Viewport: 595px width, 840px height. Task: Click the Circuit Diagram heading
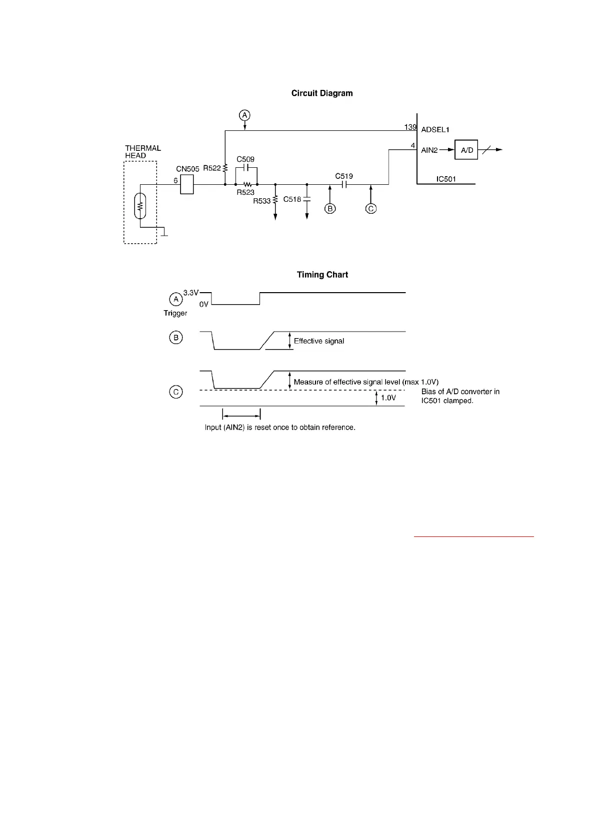(322, 93)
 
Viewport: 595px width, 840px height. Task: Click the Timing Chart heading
(322, 275)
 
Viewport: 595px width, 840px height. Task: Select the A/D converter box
(466, 150)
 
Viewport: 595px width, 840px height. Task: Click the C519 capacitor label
(344, 176)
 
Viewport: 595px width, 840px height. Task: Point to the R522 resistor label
(211, 168)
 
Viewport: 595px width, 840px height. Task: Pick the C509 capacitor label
(245, 160)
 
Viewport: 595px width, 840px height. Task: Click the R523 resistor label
(245, 193)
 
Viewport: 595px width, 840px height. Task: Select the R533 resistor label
(261, 201)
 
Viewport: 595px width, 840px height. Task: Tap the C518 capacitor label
(292, 199)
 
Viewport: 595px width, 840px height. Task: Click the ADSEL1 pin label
(435, 130)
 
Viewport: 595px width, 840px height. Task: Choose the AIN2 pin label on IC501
(429, 150)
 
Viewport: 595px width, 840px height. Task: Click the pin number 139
(410, 127)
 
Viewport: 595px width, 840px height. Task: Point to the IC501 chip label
(446, 179)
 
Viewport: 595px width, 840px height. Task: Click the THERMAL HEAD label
(143, 152)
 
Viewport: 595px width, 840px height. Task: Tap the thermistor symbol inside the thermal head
(140, 206)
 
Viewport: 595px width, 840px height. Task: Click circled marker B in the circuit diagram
(330, 209)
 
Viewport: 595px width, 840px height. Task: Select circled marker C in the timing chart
(176, 392)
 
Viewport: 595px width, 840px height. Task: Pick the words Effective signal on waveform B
(319, 341)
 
